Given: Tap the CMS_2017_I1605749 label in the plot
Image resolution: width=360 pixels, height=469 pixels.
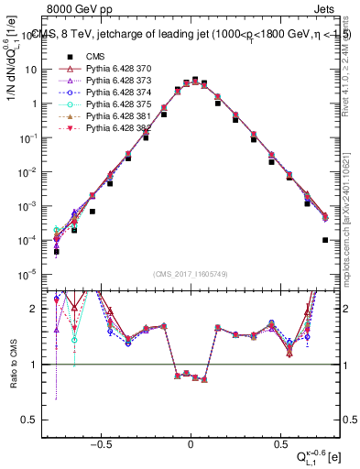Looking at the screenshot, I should pyautogui.click(x=190, y=274).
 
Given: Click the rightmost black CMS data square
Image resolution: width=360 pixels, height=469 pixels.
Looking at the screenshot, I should pyautogui.click(x=325, y=240).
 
